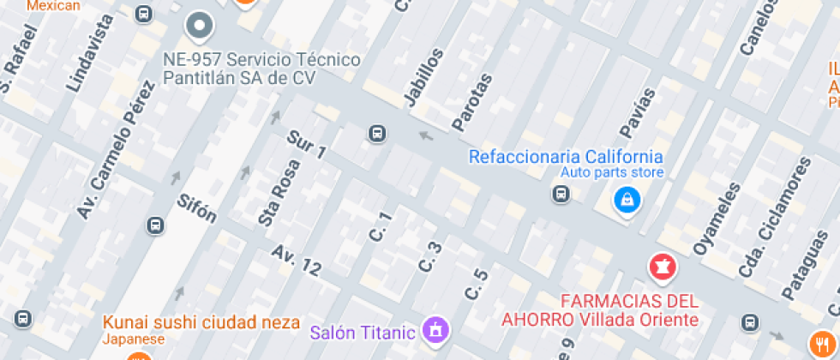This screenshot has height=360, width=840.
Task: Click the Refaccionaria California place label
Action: (566, 157)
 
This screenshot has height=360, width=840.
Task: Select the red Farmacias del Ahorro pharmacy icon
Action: (661, 267)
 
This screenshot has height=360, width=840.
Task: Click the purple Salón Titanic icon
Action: (436, 328)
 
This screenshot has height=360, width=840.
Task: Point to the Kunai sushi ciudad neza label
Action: (201, 323)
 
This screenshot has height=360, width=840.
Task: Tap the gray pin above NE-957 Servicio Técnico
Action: (200, 26)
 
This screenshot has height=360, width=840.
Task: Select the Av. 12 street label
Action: (297, 261)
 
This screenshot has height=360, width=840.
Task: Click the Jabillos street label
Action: (423, 77)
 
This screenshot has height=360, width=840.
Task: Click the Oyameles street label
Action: (716, 219)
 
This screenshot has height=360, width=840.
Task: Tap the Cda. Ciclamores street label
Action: (773, 216)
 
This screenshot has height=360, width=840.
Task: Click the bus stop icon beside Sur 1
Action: (376, 133)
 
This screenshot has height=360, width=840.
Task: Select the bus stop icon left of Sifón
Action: (155, 225)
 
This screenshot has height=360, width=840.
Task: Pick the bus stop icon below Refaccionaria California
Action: (561, 195)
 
